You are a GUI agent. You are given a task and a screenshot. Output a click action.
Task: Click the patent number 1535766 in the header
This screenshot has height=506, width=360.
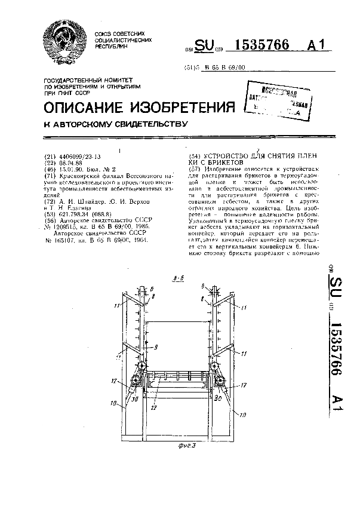pos(247,46)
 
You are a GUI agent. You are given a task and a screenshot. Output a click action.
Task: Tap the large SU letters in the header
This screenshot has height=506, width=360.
pos(204,47)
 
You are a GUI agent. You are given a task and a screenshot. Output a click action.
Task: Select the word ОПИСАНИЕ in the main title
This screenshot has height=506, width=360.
pos(84,108)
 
